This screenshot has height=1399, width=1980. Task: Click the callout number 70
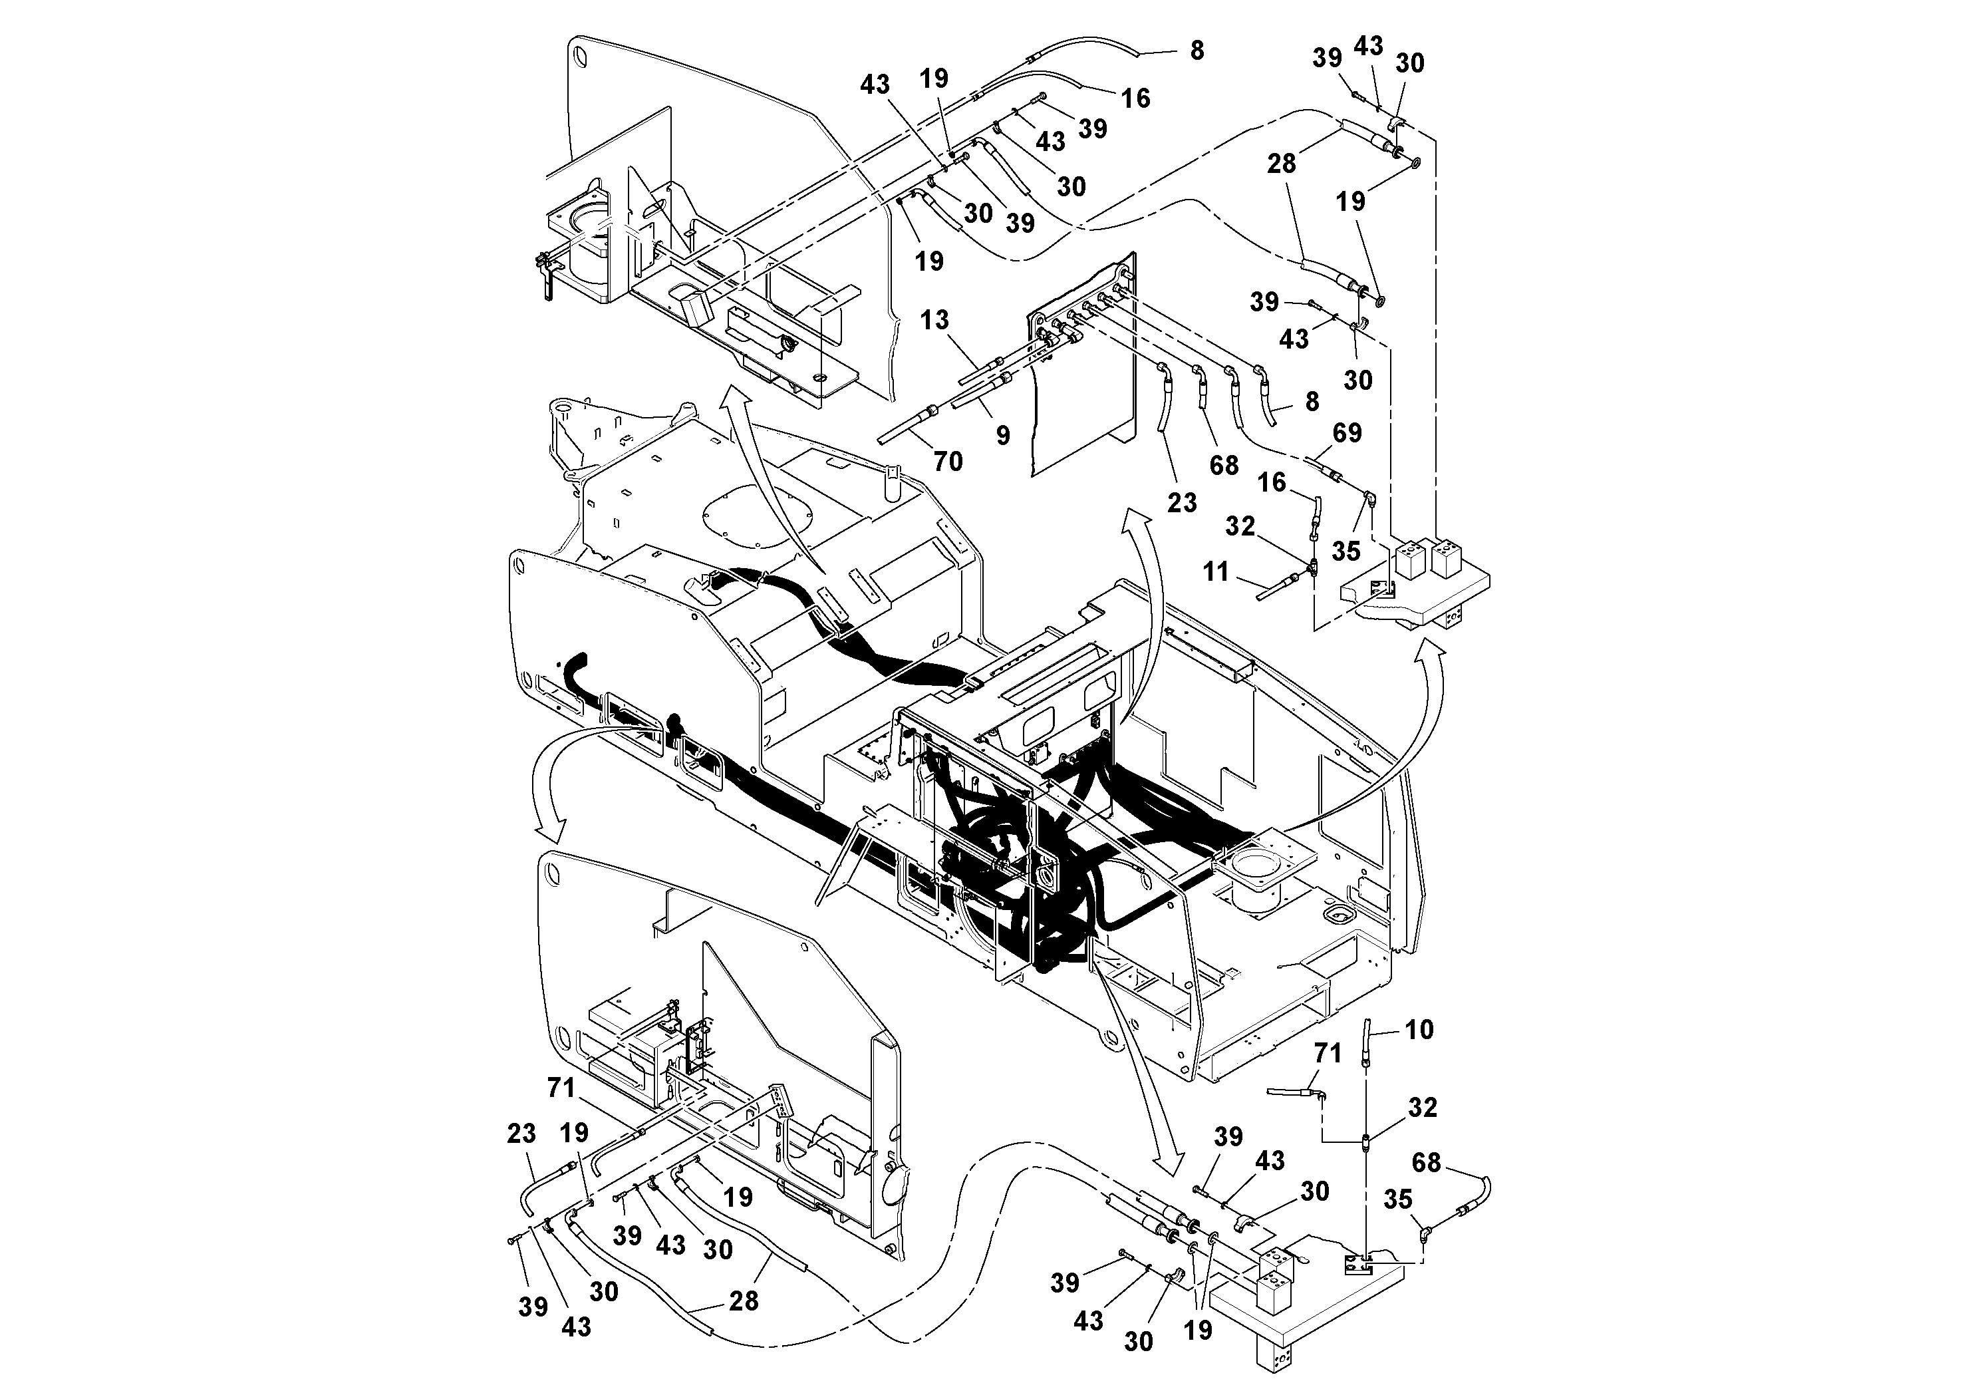click(x=948, y=462)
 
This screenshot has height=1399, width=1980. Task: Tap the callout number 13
click(x=934, y=320)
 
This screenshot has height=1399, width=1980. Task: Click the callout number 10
click(x=1419, y=1029)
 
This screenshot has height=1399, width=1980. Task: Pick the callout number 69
click(x=1347, y=432)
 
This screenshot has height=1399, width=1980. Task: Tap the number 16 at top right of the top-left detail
click(x=1136, y=98)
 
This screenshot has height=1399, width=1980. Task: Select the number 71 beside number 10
click(x=1328, y=1053)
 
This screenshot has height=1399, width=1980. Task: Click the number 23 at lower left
click(x=521, y=1134)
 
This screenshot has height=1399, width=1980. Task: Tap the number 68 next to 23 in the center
click(x=1224, y=465)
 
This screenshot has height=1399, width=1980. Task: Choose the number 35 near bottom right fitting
click(x=1398, y=1199)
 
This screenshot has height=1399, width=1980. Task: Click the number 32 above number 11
click(x=1240, y=526)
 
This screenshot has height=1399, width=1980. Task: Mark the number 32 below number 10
click(x=1422, y=1108)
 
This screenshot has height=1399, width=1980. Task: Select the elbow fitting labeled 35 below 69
click(x=1369, y=498)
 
